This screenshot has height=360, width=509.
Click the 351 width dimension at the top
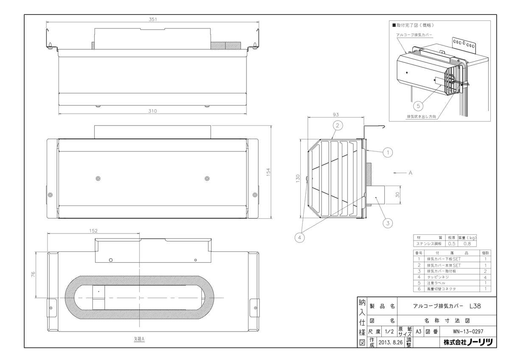coord(153,20)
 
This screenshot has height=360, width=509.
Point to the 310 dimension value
coord(152,111)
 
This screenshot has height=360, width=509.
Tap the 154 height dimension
coord(268,172)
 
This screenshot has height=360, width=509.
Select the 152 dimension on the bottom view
coord(93,231)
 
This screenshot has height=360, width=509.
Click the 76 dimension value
coord(33,274)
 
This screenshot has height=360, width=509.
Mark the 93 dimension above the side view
coord(336,115)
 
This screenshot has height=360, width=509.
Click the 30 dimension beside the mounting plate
coord(397,195)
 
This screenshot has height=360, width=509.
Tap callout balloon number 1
coord(388,152)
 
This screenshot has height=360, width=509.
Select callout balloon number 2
coord(338,125)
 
